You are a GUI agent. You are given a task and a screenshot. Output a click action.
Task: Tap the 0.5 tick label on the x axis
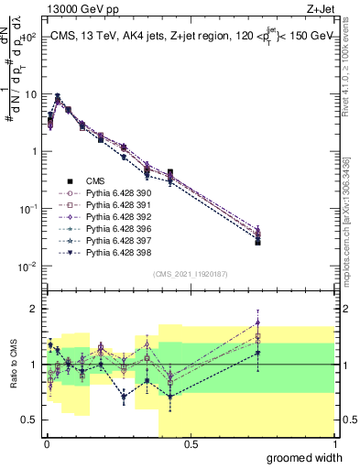coord(191,444)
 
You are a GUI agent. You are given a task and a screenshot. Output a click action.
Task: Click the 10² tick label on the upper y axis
coord(27,38)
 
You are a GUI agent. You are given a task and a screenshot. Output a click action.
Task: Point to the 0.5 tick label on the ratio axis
coord(27,421)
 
